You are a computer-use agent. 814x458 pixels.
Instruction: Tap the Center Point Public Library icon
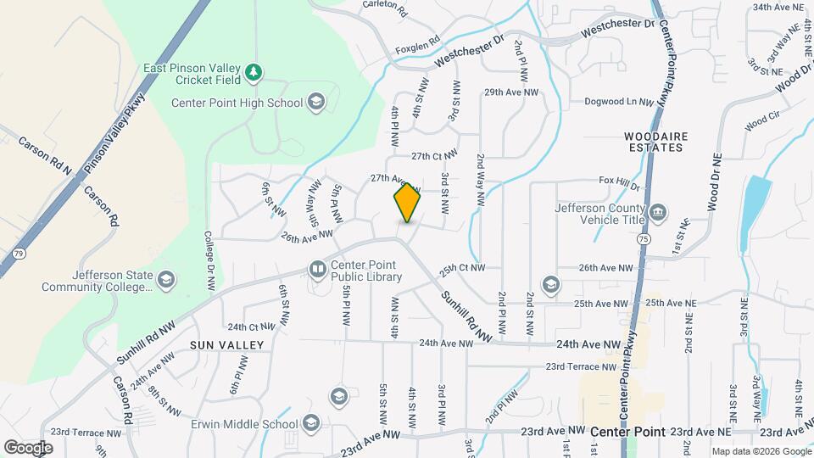point(317,269)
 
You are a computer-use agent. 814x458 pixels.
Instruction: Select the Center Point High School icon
point(315,103)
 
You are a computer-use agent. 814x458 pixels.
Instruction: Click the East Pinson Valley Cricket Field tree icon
point(253,74)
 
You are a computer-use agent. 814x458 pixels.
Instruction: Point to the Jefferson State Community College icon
point(166,280)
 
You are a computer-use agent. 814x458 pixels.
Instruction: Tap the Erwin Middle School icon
point(311,422)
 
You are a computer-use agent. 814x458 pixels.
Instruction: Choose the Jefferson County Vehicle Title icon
point(658,210)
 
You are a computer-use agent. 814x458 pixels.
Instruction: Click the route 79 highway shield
point(20,253)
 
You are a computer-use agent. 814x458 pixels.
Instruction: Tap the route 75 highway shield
point(644,241)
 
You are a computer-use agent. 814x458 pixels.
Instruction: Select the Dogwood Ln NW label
point(619,102)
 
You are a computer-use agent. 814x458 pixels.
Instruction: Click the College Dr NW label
point(209,263)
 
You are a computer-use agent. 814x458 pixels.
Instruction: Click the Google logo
point(28,447)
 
